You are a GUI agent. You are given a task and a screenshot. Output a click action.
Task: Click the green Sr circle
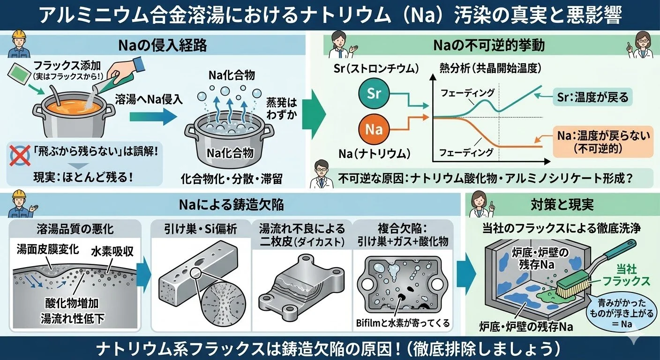tap(375, 93)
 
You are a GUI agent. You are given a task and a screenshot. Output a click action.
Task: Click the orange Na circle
tap(374, 129)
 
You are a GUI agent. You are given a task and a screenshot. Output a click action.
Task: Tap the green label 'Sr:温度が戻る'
tap(592, 98)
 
